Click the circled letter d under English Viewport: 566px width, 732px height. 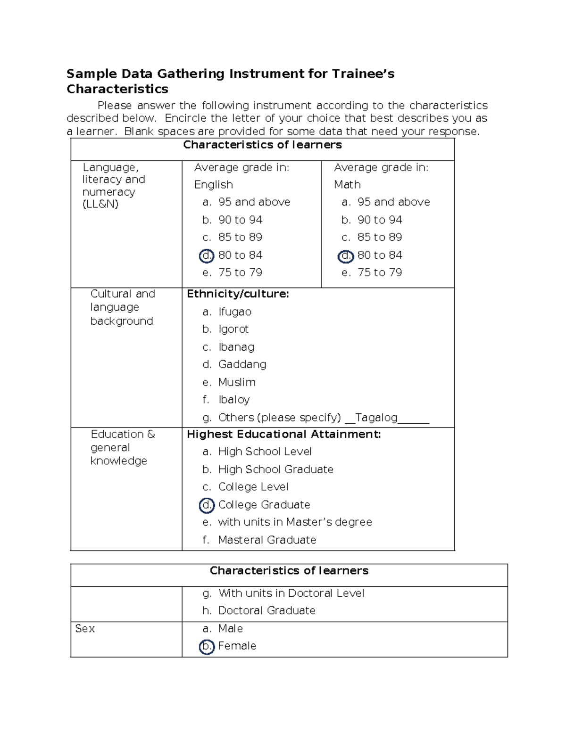207,255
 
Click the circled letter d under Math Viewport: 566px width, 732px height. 346,256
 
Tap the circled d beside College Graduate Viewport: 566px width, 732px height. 207,505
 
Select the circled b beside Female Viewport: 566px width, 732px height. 207,646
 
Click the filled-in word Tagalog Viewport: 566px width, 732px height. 376,418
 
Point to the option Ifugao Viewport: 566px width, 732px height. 234,312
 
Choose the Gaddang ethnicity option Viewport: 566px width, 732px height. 242,364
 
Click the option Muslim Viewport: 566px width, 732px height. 237,382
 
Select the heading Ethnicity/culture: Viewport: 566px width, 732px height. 238,294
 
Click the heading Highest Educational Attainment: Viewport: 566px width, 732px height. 283,434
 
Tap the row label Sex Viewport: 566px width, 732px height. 85,629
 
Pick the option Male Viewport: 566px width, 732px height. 230,629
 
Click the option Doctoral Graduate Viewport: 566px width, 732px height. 266,611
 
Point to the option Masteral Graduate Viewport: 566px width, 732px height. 267,540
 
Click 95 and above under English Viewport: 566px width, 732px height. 254,202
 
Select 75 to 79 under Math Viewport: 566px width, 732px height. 379,273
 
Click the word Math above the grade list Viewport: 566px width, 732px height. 347,185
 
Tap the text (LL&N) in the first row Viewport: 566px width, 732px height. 100,205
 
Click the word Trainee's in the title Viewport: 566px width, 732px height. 363,74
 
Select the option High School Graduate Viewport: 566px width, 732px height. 275,469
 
